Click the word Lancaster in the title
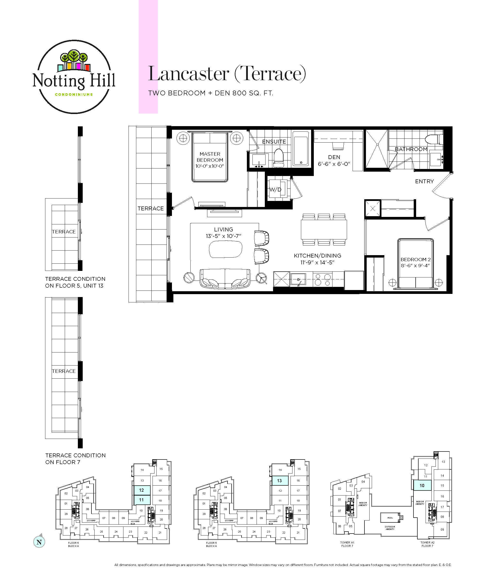[188, 74]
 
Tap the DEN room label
[334, 157]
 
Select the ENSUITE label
[274, 142]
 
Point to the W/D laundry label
[275, 190]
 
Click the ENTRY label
[424, 181]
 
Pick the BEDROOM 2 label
[415, 260]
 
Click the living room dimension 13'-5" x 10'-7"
[223, 236]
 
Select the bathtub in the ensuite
[301, 148]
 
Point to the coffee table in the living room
[225, 249]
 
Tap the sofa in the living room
[225, 279]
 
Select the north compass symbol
[39, 542]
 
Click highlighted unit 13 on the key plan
[280, 481]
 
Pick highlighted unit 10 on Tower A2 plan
[422, 485]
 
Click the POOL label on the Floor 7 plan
[390, 518]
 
